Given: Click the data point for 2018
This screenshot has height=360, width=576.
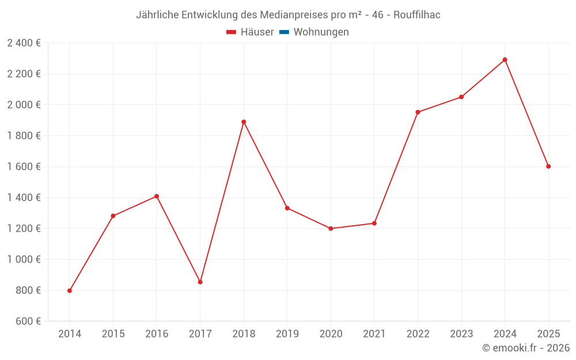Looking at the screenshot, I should pyautogui.click(x=244, y=122).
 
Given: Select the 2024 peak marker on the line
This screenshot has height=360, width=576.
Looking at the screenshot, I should pyautogui.click(x=505, y=60).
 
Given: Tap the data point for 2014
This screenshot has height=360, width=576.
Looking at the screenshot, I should pyautogui.click(x=70, y=290).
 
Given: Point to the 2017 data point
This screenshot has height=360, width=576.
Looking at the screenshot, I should pyautogui.click(x=200, y=282).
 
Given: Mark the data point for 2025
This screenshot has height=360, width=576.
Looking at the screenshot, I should pyautogui.click(x=548, y=166).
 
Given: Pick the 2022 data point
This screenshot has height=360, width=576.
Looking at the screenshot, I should pyautogui.click(x=418, y=112).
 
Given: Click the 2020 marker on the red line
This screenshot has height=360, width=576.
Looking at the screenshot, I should pyautogui.click(x=331, y=229).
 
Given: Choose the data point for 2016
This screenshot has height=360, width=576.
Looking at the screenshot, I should pyautogui.click(x=157, y=196).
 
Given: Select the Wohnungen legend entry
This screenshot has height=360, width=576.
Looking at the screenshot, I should pyautogui.click(x=321, y=32).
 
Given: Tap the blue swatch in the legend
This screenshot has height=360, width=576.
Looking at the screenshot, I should pyautogui.click(x=284, y=32).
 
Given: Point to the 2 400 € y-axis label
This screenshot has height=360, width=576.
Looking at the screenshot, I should pyautogui.click(x=24, y=43).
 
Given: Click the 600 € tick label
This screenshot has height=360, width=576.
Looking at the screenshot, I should pyautogui.click(x=28, y=321).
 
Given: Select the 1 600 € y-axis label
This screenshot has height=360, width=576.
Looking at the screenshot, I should pyautogui.click(x=24, y=166).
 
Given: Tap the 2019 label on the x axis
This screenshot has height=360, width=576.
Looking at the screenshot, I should pyautogui.click(x=287, y=334).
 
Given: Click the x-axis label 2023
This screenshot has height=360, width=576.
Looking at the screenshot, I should pyautogui.click(x=461, y=334).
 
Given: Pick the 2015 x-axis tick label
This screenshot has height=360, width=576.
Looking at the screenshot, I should pyautogui.click(x=113, y=334).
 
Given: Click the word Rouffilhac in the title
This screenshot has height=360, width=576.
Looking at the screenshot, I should pyautogui.click(x=418, y=15).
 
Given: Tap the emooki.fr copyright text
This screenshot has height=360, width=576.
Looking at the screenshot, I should pyautogui.click(x=526, y=348).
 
